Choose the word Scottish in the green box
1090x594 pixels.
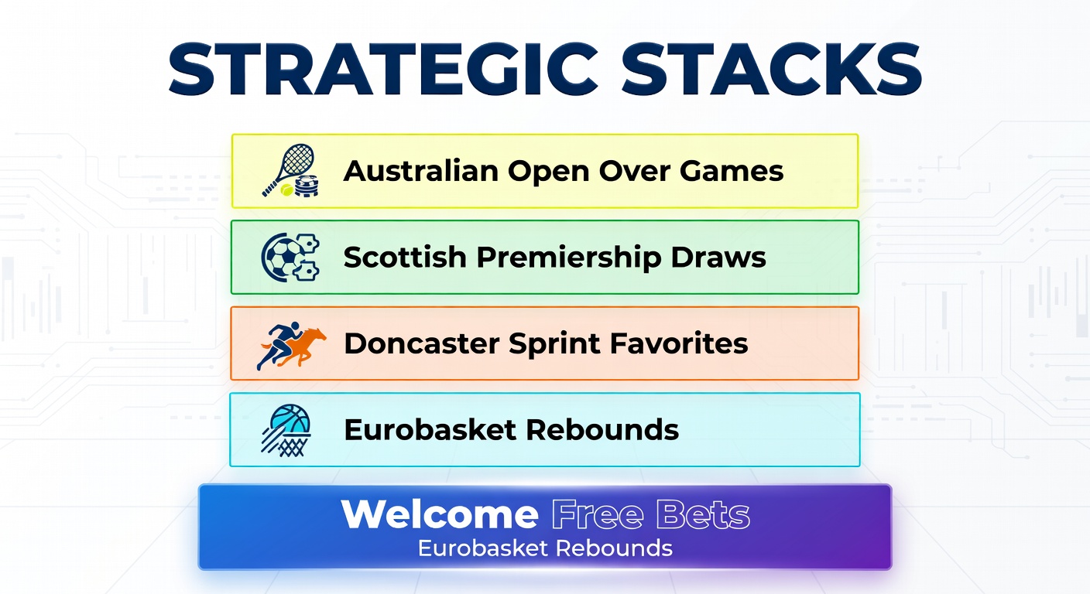(x=406, y=258)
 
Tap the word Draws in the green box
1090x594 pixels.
(x=723, y=258)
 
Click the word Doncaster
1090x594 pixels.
(x=422, y=343)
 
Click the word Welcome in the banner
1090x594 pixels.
(x=440, y=515)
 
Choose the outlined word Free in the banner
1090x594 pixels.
(x=597, y=515)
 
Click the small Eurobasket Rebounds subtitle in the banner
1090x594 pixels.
(x=545, y=548)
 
